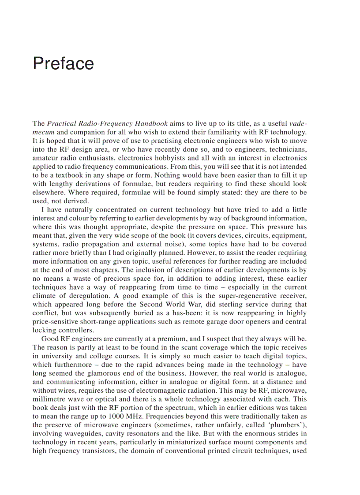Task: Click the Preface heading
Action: (63, 64)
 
